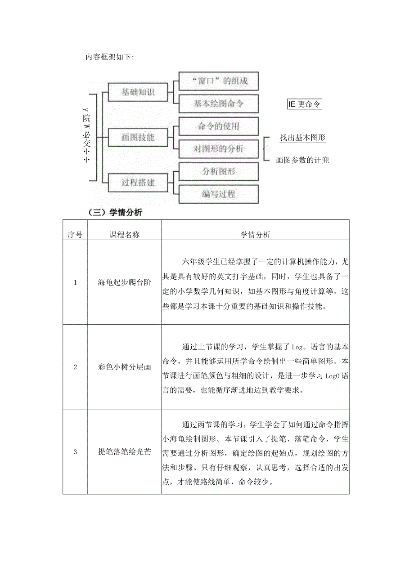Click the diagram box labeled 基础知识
coord(138,93)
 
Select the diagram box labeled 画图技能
coord(138,138)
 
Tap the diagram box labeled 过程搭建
coord(138,183)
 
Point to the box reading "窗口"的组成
coord(219,81)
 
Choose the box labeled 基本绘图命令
coord(219,104)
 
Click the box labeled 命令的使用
coord(219,126)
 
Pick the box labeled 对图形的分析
coord(219,149)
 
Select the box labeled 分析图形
coord(219,171)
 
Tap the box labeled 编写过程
coord(219,194)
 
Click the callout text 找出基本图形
coord(302,138)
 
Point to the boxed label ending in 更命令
coord(305,104)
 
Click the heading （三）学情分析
coord(116,213)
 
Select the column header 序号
coord(75,235)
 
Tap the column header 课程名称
coord(125,235)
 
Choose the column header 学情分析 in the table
coord(255,235)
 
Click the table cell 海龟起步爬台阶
coord(125,282)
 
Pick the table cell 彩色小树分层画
coord(125,367)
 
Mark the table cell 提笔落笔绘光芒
coord(125,452)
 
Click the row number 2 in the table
coord(75,367)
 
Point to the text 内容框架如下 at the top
coord(109,57)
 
